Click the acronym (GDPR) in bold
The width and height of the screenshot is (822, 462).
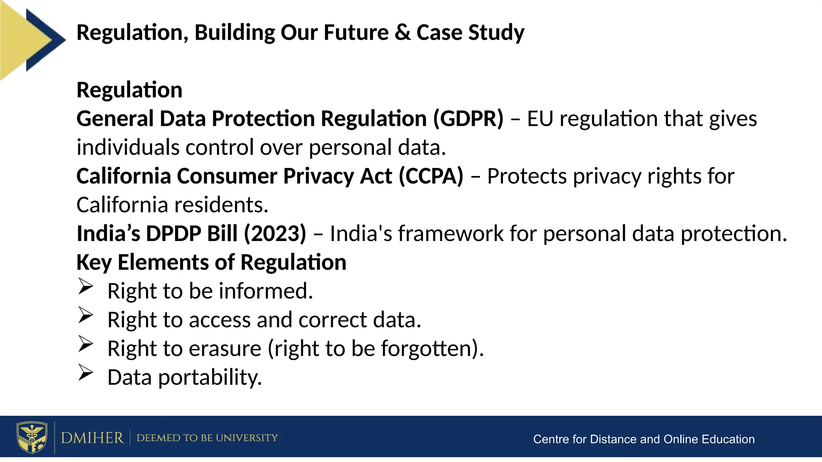468,119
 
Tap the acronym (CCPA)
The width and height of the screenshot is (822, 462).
431,176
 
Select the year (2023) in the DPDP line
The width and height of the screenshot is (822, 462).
275,234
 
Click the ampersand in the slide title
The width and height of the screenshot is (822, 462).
403,32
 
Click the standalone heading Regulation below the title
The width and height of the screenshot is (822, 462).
129,90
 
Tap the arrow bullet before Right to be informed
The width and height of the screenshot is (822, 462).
85,286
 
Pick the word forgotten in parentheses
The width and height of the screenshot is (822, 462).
425,349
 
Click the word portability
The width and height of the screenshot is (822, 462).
210,378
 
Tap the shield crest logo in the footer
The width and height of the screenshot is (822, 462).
32,437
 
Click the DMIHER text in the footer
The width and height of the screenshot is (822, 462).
92,438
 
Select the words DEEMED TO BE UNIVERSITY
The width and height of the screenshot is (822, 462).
207,438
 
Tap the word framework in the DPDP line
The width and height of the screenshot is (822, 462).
450,234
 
